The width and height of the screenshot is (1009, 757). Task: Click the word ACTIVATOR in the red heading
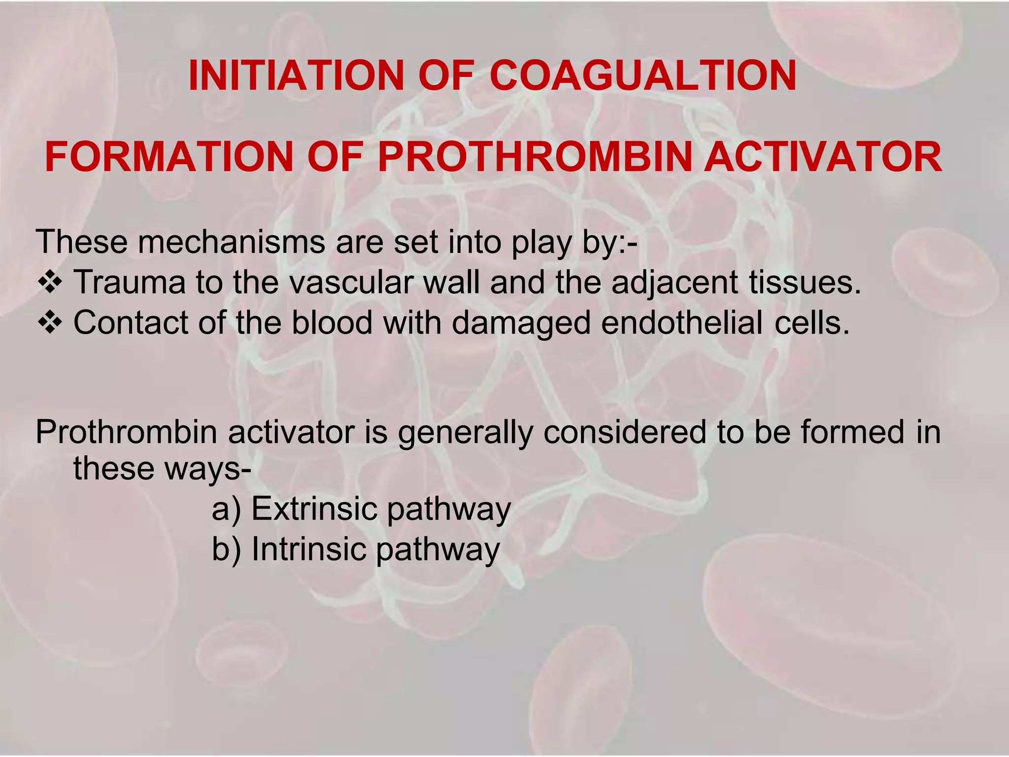(823, 157)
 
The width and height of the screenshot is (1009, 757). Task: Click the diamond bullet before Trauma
(50, 283)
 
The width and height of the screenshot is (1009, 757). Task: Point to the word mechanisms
(231, 242)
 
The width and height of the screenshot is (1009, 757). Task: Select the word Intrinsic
(308, 549)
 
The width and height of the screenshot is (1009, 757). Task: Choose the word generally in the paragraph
(465, 433)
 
